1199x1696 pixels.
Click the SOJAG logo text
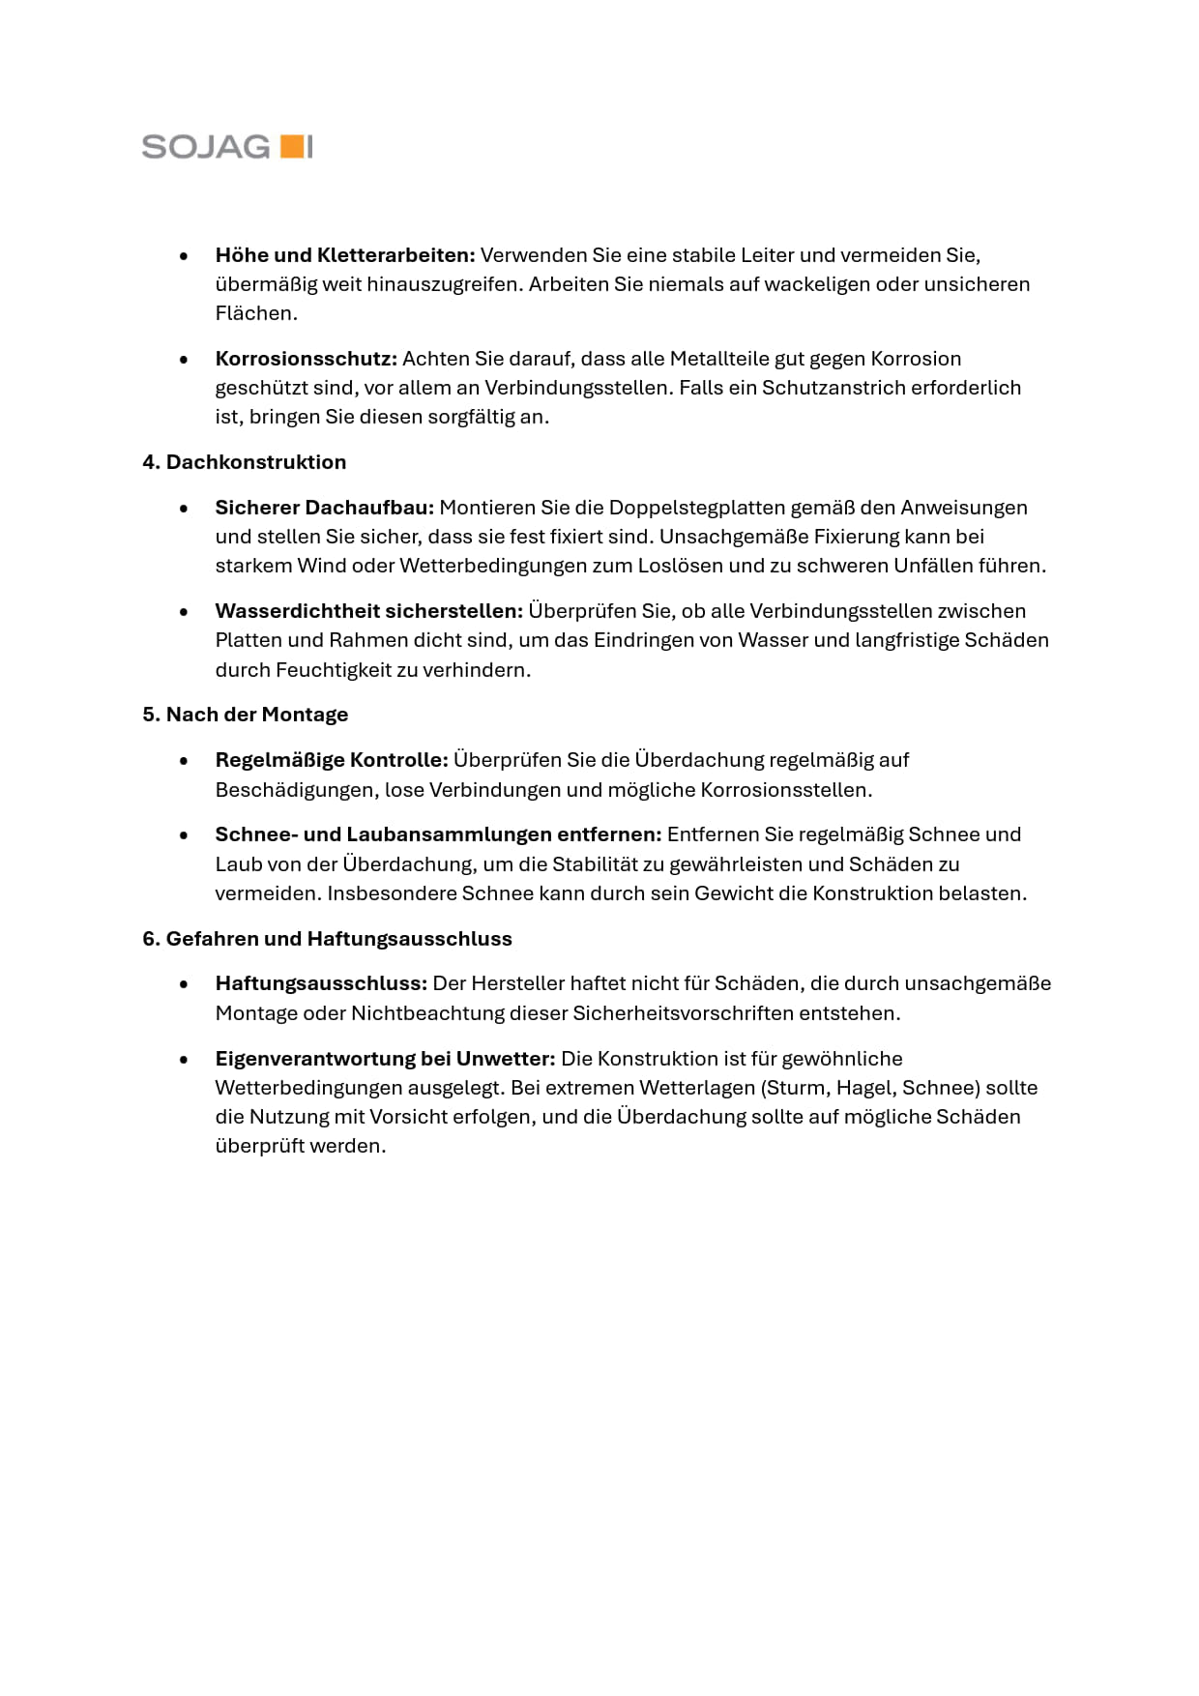[x=206, y=147]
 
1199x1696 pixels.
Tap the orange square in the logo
[x=290, y=147]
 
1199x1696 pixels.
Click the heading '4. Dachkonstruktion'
[x=244, y=462]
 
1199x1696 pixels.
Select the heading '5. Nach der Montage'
[x=245, y=715]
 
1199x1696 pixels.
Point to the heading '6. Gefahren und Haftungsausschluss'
[x=327, y=939]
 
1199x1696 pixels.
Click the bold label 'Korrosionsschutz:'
[x=306, y=359]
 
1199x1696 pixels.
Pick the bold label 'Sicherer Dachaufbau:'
[x=324, y=508]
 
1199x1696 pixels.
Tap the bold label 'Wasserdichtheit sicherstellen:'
[x=368, y=611]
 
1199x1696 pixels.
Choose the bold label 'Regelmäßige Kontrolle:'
[x=331, y=760]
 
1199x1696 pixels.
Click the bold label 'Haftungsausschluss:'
[x=320, y=983]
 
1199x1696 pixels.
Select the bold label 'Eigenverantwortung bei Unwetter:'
[x=385, y=1059]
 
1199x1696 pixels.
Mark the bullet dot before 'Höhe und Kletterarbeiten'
[x=184, y=256]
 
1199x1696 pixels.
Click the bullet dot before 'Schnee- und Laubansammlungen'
[x=184, y=835]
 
